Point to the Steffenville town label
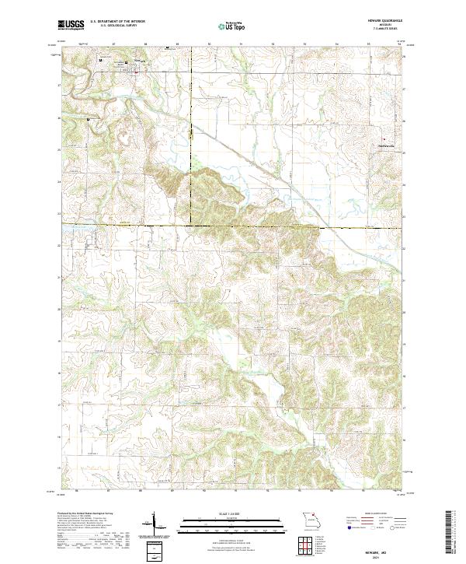tap(386, 145)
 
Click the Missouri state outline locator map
tap(311, 520)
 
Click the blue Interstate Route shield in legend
tap(343, 533)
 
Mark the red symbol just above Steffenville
tap(383, 139)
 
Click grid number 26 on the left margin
tap(61, 117)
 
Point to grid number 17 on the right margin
tap(402, 405)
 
